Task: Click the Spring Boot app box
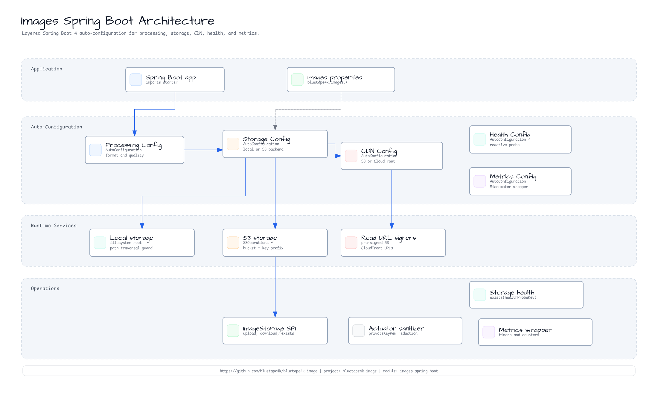[x=175, y=80]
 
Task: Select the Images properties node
[x=341, y=80]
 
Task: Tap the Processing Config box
[x=135, y=150]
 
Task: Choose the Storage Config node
[x=275, y=144]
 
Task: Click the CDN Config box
[x=392, y=156]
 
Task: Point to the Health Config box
[x=520, y=139]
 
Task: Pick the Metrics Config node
[x=520, y=181]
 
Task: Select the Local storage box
[x=142, y=243]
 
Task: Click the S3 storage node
[x=275, y=243]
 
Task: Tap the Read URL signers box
[x=393, y=243]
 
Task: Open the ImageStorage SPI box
[x=275, y=331]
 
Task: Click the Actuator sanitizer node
[x=405, y=331]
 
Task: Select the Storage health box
[x=526, y=295]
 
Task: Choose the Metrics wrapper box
[x=535, y=332]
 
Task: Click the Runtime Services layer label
[x=54, y=226]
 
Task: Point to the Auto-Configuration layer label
[x=57, y=127]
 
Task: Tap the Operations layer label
[x=45, y=288]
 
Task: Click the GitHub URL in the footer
[x=269, y=371]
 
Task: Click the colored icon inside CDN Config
[x=351, y=156]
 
